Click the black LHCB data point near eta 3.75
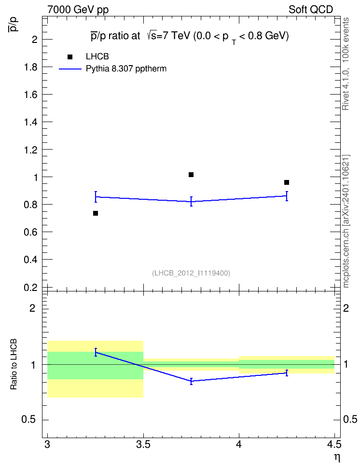(x=191, y=175)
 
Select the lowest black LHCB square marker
(x=96, y=213)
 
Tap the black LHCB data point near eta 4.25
(x=287, y=182)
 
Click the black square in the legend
(x=70, y=57)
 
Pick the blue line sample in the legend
(x=70, y=69)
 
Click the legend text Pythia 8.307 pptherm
(x=126, y=69)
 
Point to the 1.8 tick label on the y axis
(x=30, y=67)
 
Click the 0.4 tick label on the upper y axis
(x=30, y=260)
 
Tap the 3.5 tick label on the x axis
(x=143, y=445)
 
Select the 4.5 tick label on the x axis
(x=334, y=445)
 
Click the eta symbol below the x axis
(x=337, y=458)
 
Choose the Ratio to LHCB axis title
(x=14, y=364)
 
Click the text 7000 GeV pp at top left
(x=78, y=10)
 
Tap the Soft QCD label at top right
(x=311, y=10)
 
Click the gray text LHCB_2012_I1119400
(x=191, y=273)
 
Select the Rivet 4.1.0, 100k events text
(x=346, y=64)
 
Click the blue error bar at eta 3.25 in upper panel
(x=96, y=197)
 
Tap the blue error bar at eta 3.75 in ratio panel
(x=191, y=381)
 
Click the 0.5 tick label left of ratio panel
(x=28, y=420)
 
